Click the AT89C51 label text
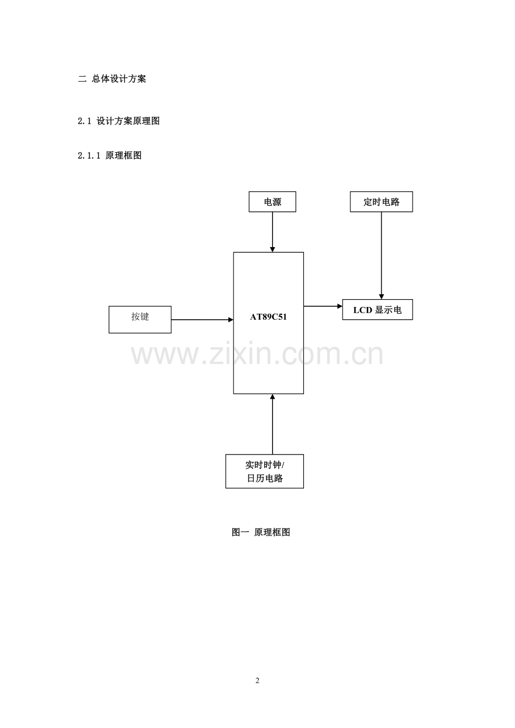coord(268,317)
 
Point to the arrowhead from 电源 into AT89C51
coord(272,249)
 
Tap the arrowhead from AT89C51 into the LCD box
coord(340,306)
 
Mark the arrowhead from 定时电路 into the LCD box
coord(381,297)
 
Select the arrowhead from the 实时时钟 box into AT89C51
coord(272,396)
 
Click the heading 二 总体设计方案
coord(112,79)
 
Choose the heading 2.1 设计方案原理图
coord(119,121)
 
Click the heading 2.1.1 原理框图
coord(110,155)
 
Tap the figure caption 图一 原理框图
coord(261,532)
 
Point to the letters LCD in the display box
coord(362,310)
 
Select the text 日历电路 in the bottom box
coord(265,479)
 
